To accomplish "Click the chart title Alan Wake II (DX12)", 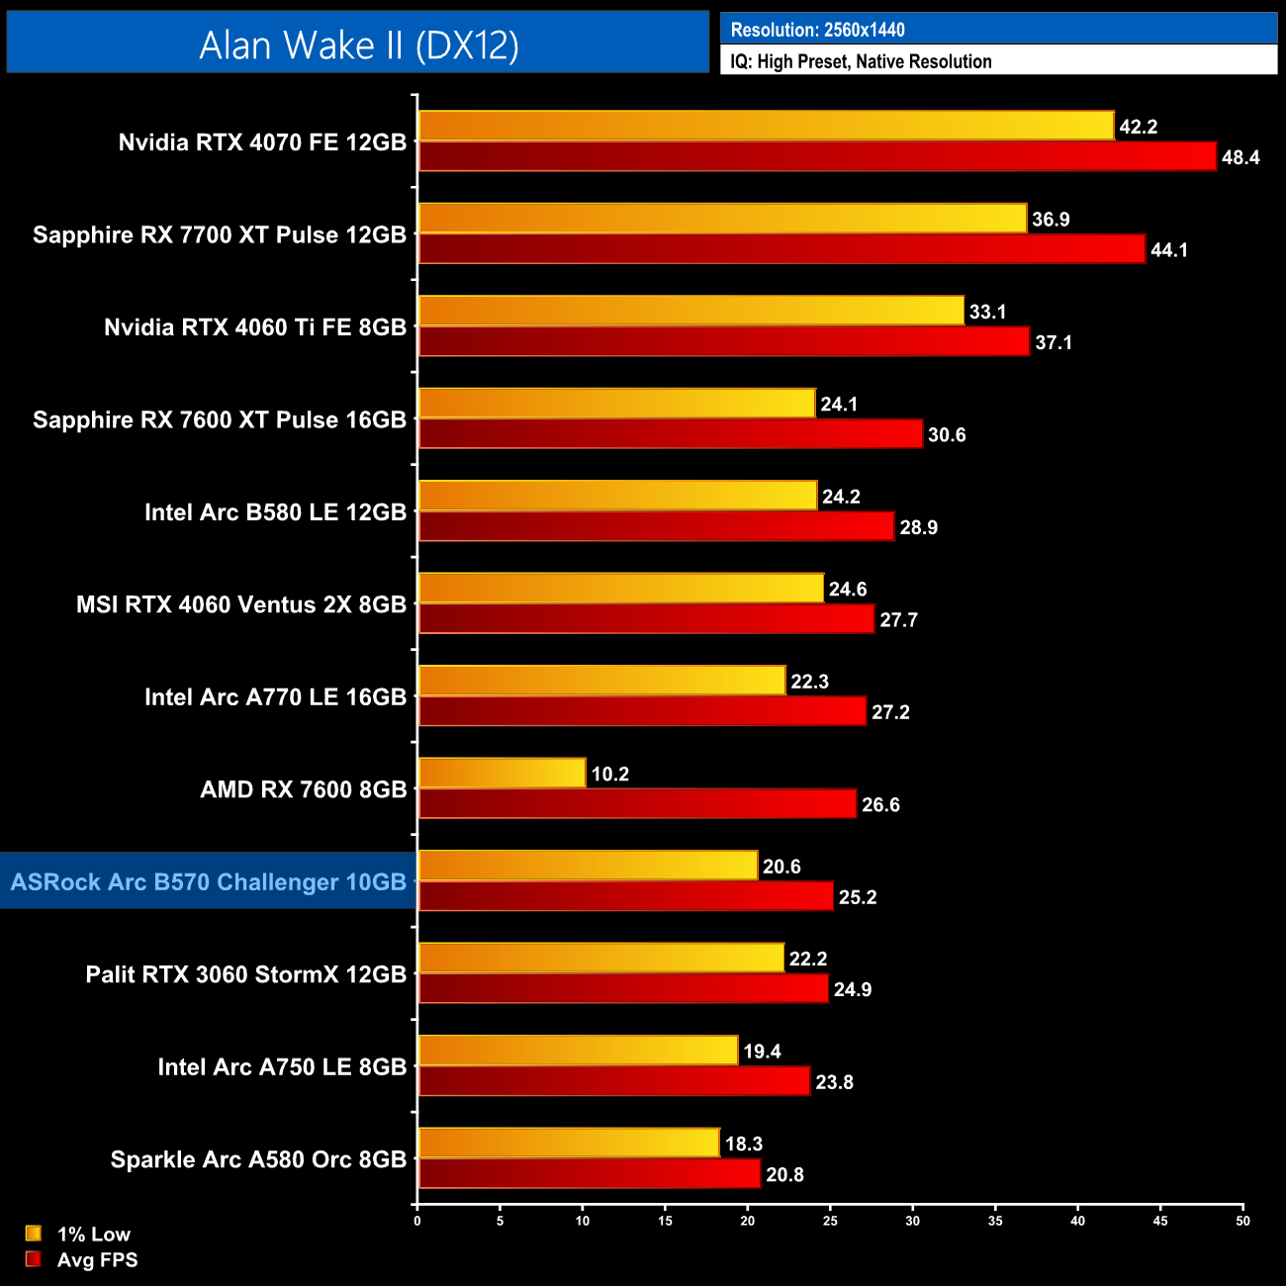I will click(x=358, y=45).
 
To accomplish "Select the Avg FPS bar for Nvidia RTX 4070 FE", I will click(x=817, y=156).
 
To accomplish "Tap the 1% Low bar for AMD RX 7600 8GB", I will click(x=502, y=774).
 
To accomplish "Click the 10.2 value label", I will click(x=610, y=775).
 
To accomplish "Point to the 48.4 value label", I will click(x=1240, y=158).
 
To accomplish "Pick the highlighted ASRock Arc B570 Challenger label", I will click(x=209, y=881).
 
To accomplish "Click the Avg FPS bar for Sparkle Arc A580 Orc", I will click(x=589, y=1174).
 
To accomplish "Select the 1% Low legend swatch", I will click(x=34, y=1234).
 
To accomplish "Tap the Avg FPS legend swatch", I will click(x=34, y=1259).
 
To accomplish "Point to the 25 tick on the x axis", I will click(x=830, y=1221).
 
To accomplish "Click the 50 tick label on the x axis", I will click(x=1242, y=1221).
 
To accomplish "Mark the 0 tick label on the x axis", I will click(x=417, y=1221).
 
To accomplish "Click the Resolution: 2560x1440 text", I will click(x=817, y=30).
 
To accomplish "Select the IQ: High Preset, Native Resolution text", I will click(x=861, y=61).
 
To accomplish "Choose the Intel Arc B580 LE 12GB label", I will click(x=275, y=512).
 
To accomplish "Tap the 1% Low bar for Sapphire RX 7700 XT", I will click(x=722, y=219).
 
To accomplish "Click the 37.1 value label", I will click(x=1054, y=343).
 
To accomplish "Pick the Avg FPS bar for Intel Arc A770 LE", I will click(x=642, y=711).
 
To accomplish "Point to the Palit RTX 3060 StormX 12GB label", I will click(x=246, y=974).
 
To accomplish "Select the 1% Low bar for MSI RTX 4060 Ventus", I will click(x=620, y=589).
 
